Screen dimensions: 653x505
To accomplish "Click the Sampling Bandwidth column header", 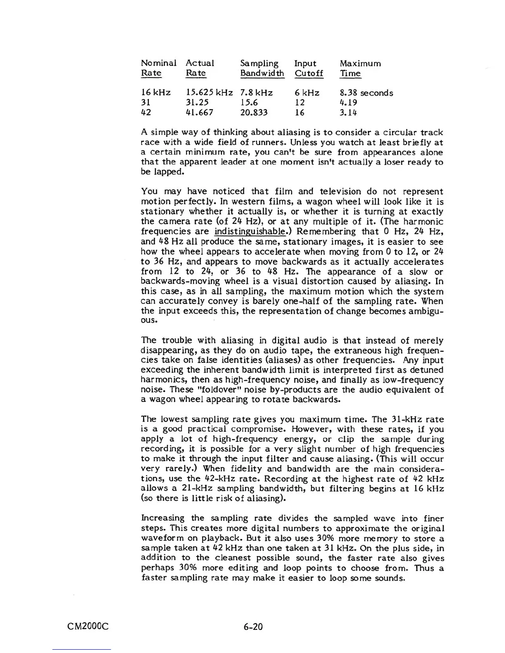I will click(x=262, y=68).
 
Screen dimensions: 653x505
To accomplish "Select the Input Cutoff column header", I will click(x=309, y=68).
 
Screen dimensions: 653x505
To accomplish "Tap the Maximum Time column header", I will click(x=360, y=68).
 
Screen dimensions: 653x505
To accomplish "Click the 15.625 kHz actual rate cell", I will click(x=209, y=93).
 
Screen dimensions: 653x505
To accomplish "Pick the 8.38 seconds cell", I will click(x=366, y=93).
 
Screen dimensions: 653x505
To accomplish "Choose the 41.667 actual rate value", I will click(x=200, y=113).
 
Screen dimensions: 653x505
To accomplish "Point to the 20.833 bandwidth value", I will click(x=254, y=113).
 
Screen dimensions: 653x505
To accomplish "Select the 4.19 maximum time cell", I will click(x=349, y=103).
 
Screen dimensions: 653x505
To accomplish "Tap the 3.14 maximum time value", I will click(x=349, y=113).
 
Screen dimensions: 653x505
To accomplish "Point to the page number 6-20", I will click(x=253, y=627).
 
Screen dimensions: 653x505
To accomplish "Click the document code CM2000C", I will click(x=88, y=627).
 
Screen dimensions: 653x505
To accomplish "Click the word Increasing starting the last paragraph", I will click(x=163, y=518).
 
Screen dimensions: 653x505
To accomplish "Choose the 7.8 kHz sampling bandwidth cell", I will click(x=256, y=93).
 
